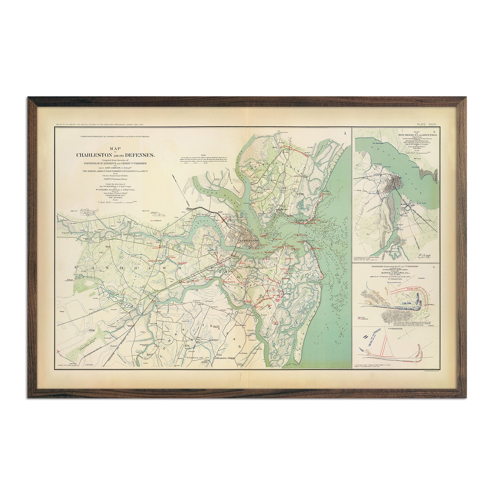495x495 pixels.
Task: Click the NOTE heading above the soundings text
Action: (x=203, y=155)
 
